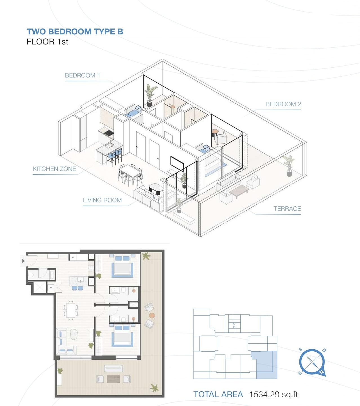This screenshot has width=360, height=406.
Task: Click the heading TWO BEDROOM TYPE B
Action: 75,32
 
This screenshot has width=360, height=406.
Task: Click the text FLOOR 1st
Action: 47,42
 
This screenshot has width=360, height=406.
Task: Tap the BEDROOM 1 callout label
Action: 82,75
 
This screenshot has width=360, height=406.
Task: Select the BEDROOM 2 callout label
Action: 283,104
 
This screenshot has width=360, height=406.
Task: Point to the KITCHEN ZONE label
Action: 54,169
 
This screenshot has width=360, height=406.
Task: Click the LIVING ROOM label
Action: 102,200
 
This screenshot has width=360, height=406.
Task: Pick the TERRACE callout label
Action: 287,209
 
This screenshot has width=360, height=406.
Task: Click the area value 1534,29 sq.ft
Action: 273,394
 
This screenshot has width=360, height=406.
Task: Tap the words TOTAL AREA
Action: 218,394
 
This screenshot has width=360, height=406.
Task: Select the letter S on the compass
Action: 301,350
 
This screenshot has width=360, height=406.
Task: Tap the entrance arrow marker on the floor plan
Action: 23,261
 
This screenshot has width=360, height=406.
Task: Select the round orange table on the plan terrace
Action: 152,315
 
